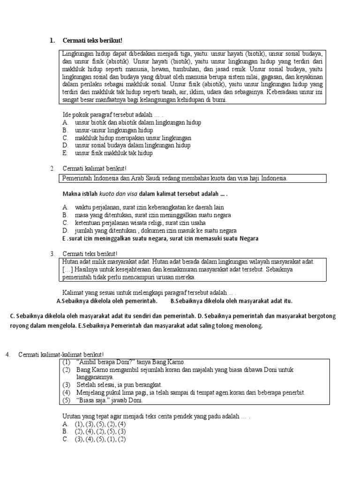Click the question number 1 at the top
pyautogui.click(x=52, y=40)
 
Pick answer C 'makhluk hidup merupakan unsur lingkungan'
pyautogui.click(x=133, y=138)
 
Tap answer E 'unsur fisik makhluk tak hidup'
pyautogui.click(x=114, y=153)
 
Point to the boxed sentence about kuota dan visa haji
pyautogui.click(x=174, y=179)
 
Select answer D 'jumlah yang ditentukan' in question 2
pyautogui.click(x=155, y=231)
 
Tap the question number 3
pyautogui.click(x=52, y=254)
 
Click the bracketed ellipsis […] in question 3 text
pyautogui.click(x=67, y=270)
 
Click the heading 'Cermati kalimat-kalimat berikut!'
pyautogui.click(x=61, y=354)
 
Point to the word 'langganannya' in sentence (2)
pyautogui.click(x=95, y=377)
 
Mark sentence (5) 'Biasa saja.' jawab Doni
pyautogui.click(x=108, y=400)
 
